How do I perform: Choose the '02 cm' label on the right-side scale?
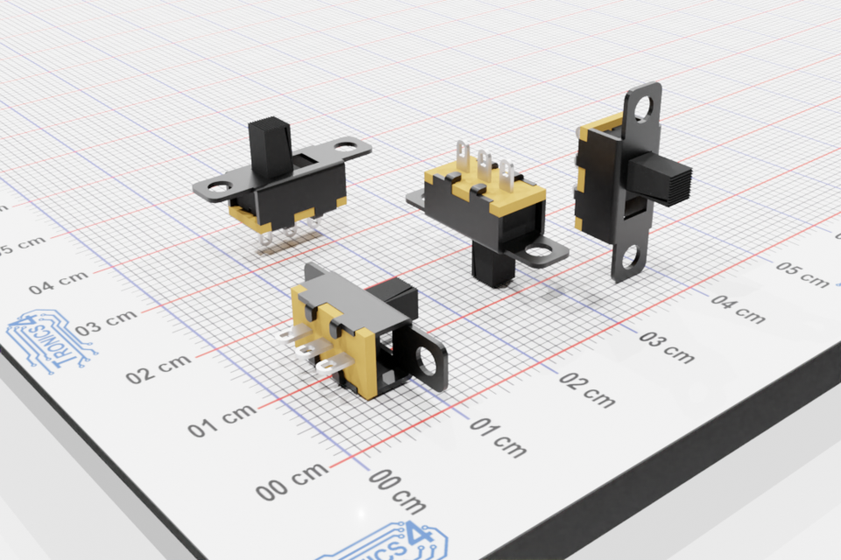[x=587, y=391]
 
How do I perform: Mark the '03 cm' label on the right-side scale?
[x=667, y=347]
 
